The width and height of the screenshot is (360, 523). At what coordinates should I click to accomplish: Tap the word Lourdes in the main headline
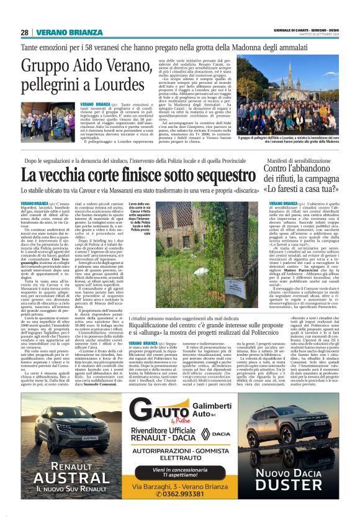[127, 83]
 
